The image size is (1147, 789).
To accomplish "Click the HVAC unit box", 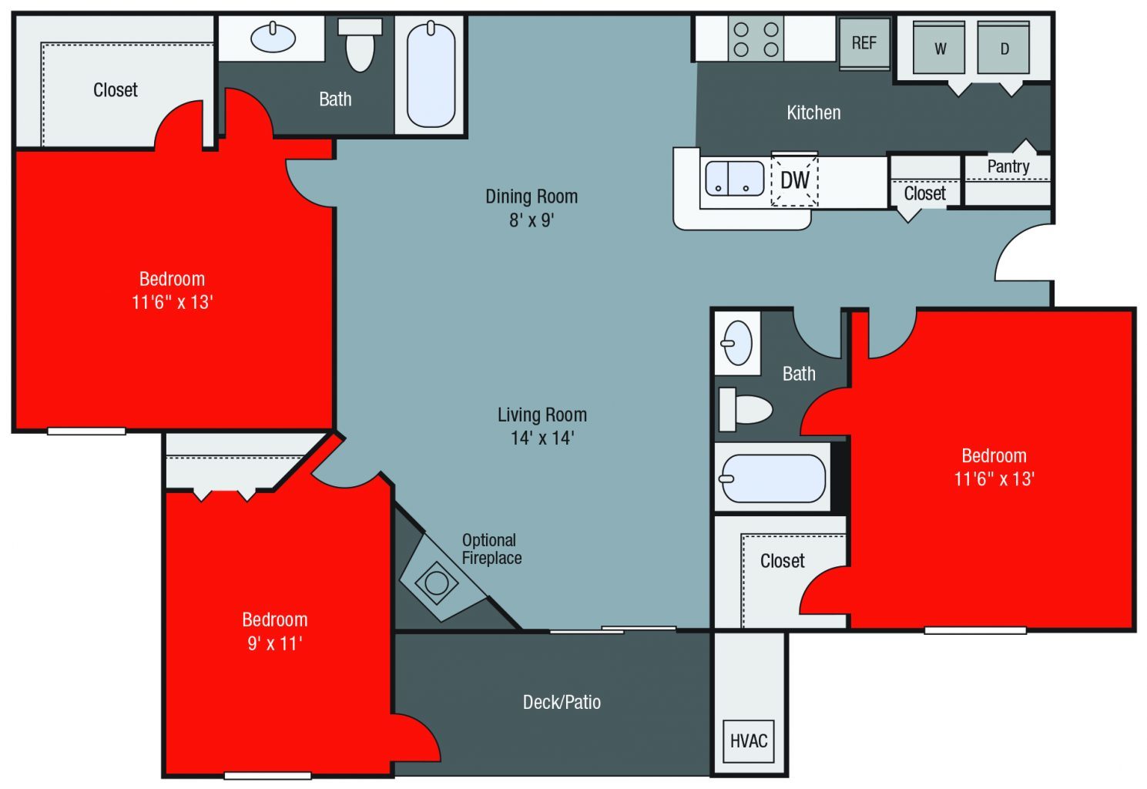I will [749, 740].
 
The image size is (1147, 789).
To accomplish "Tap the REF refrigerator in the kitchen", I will [864, 43].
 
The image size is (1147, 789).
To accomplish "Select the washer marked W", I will [939, 49].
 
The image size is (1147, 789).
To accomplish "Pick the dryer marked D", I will [1004, 49].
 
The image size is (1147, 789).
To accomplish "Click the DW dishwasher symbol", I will [794, 180].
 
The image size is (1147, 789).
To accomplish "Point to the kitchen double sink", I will [734, 178].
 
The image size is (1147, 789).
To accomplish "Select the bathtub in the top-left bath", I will [431, 75].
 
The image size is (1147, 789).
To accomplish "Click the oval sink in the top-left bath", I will [273, 37].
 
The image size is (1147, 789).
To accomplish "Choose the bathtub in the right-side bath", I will [773, 478].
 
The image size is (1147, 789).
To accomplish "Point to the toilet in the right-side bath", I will [745, 409].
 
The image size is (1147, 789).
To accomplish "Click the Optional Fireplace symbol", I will [437, 582].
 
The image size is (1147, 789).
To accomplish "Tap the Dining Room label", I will [532, 196].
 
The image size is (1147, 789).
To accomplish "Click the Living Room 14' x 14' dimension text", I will [542, 438].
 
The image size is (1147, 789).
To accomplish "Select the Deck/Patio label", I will [562, 702].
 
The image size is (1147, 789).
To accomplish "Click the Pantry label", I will [1008, 166].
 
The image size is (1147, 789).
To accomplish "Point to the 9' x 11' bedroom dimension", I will [275, 643].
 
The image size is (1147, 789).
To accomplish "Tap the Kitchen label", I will [813, 112].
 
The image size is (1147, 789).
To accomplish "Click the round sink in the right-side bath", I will [738, 342].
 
